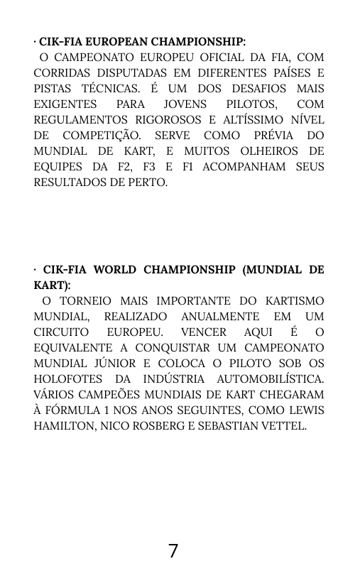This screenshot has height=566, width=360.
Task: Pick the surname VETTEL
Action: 282,426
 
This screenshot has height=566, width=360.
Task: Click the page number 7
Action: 173,550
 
